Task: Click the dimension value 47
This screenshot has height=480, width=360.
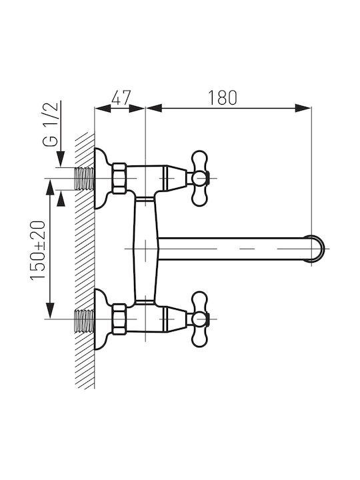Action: [x=121, y=97]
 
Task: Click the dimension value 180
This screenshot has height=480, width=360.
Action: [x=223, y=97]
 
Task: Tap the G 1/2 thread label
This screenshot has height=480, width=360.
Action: [x=50, y=125]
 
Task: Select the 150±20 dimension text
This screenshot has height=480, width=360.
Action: [x=37, y=250]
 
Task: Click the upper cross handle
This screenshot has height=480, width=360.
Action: [x=199, y=178]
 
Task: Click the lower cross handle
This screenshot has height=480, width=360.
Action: [x=199, y=319]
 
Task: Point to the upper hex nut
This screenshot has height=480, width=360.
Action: [x=119, y=178]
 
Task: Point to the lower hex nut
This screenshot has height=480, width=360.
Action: [x=119, y=319]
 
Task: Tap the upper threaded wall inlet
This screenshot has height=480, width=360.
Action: [x=85, y=179]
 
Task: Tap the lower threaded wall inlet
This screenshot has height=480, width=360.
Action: [x=85, y=320]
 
